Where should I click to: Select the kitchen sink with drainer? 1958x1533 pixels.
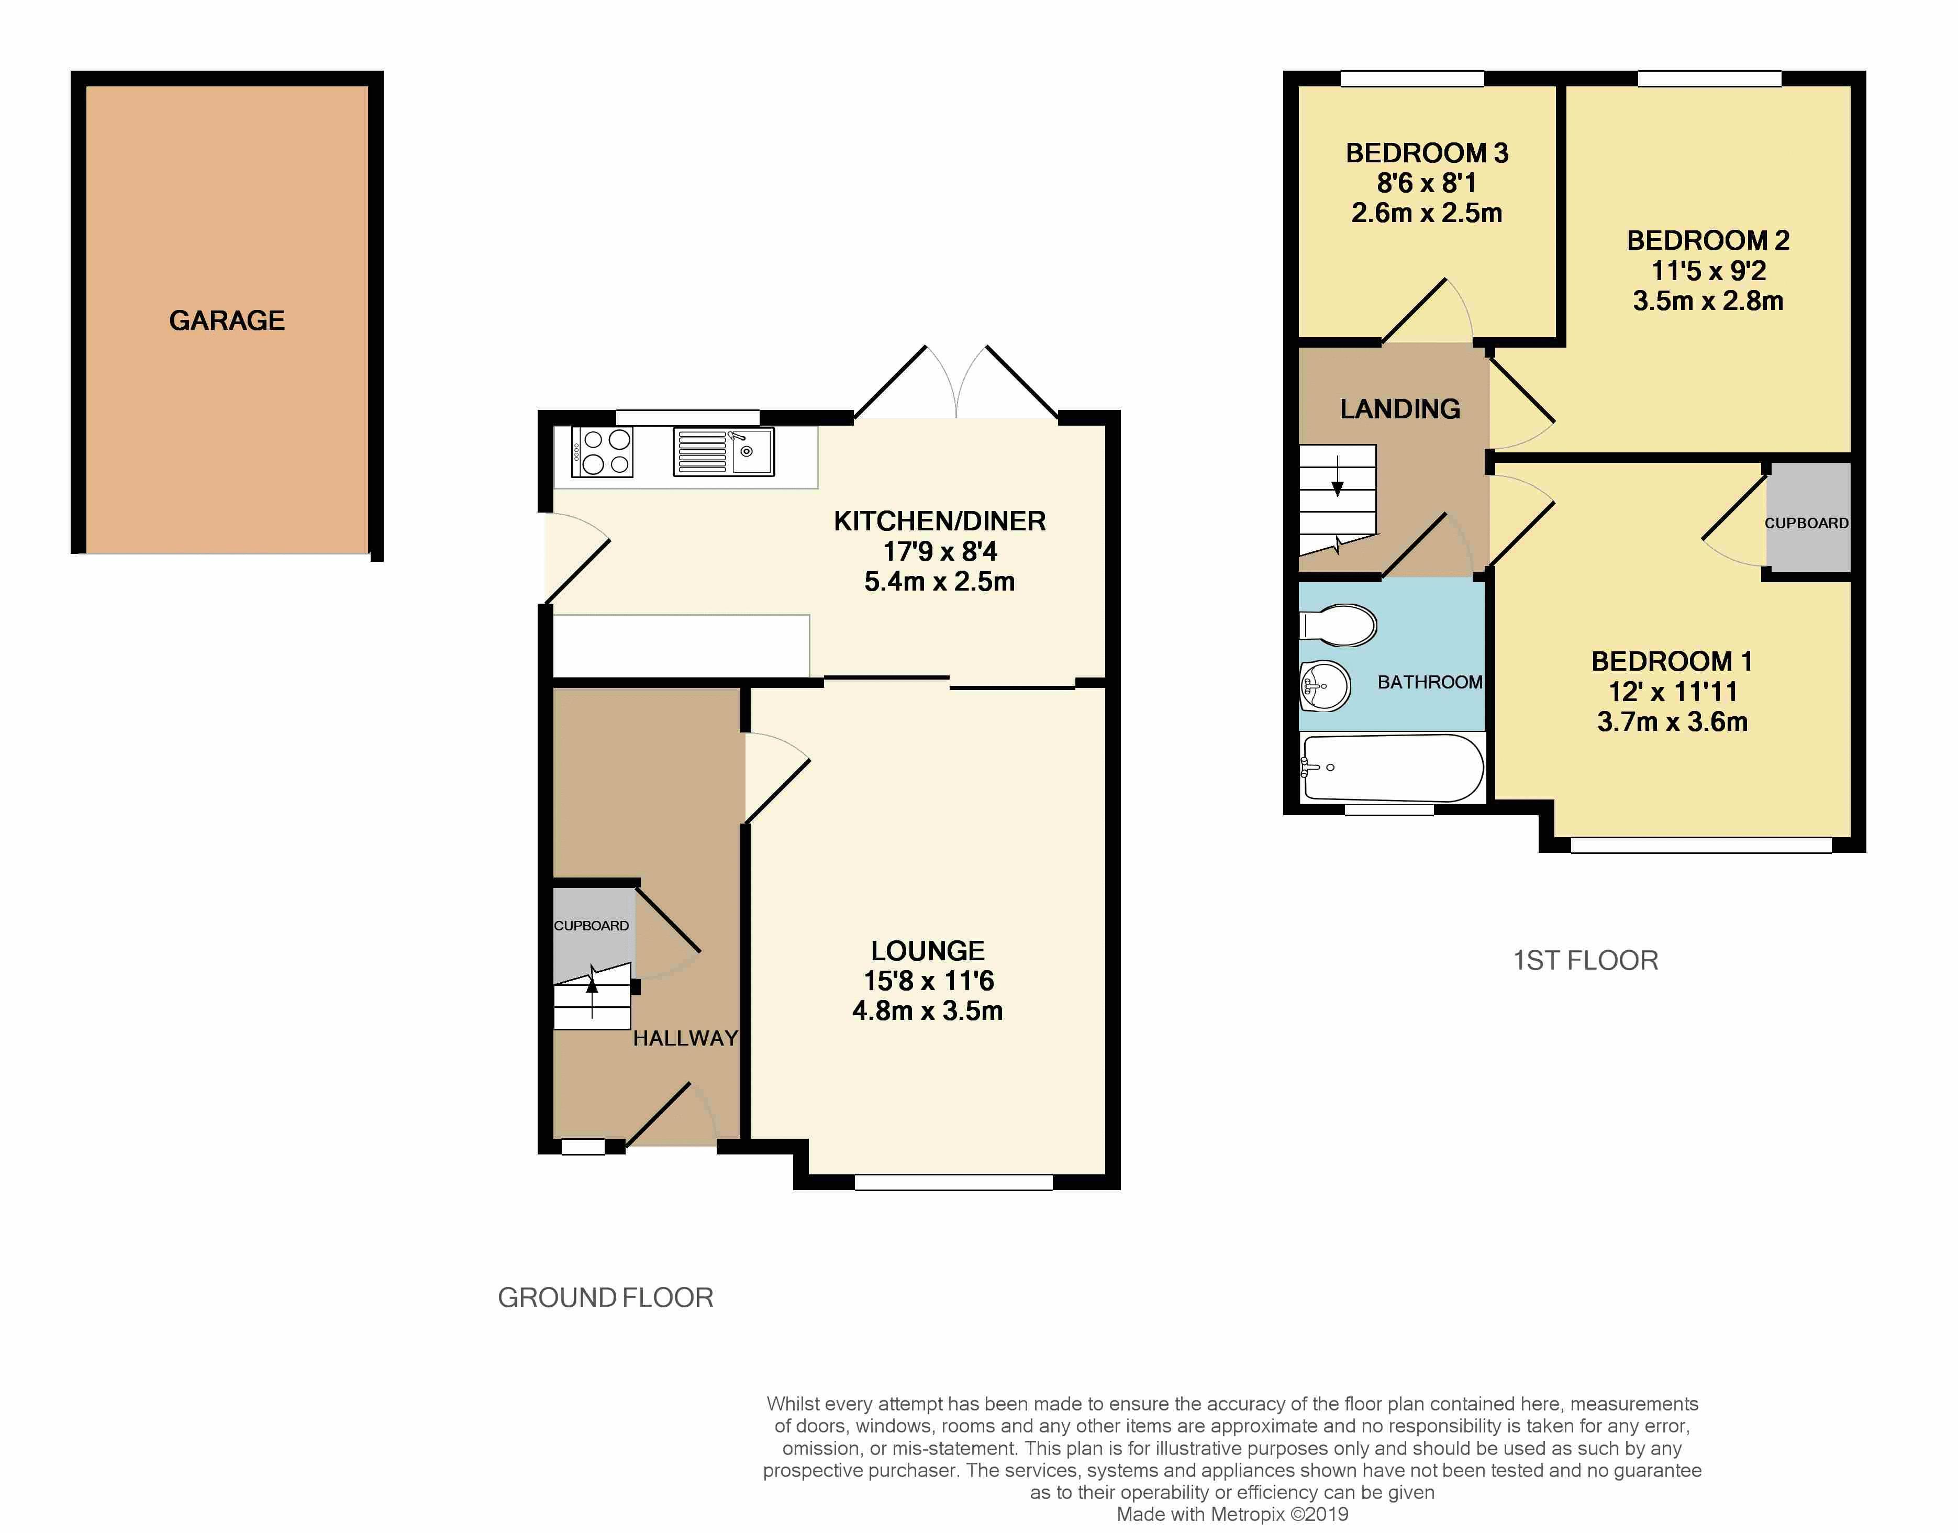click(x=724, y=451)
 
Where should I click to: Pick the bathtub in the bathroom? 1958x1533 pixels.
click(x=1392, y=768)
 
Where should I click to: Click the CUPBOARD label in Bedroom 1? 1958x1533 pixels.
click(x=1806, y=523)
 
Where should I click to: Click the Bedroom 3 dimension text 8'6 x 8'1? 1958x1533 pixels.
click(x=1426, y=183)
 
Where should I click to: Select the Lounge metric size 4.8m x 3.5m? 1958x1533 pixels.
click(x=927, y=1010)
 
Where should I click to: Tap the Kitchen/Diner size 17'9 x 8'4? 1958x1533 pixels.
click(x=940, y=551)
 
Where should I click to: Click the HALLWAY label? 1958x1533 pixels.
click(x=685, y=1038)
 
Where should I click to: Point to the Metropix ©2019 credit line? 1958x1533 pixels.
click(x=1231, y=1514)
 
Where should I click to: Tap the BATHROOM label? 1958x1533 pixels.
click(x=1429, y=682)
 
